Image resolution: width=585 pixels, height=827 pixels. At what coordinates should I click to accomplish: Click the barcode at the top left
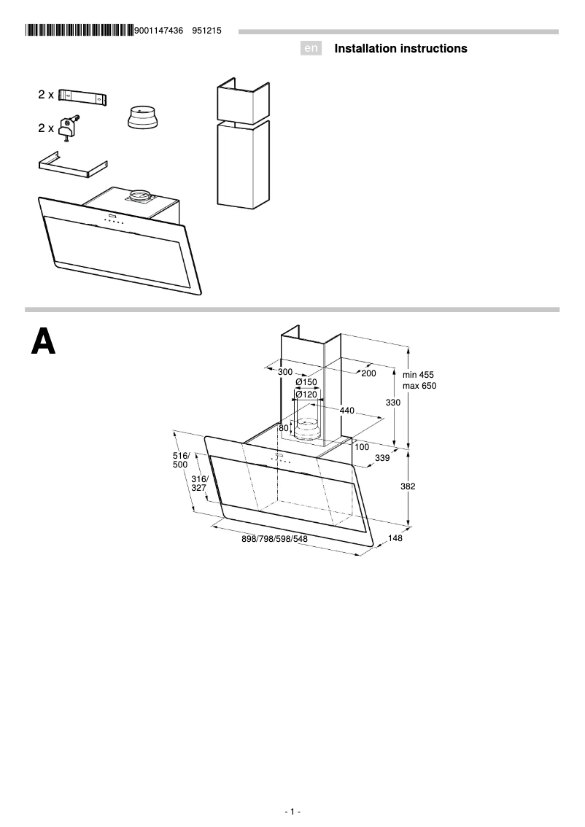[x=79, y=31]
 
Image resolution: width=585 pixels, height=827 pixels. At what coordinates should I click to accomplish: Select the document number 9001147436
[x=159, y=31]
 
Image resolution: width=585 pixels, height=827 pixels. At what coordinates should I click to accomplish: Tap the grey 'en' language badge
[x=311, y=49]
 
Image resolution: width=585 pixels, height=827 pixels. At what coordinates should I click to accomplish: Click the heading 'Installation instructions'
[x=400, y=49]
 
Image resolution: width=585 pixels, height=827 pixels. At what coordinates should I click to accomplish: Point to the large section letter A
[x=43, y=341]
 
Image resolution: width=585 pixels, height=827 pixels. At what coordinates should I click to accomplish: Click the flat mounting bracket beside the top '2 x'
[x=82, y=96]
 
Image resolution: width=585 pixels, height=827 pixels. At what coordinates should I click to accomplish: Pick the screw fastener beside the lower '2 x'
[x=69, y=128]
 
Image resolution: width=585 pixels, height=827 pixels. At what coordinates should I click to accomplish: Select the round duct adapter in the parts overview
[x=142, y=117]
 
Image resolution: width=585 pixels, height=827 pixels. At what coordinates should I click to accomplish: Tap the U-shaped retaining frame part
[x=72, y=165]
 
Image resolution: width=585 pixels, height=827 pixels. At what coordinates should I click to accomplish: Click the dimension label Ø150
[x=306, y=382]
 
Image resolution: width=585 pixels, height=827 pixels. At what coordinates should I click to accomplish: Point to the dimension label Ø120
[x=306, y=395]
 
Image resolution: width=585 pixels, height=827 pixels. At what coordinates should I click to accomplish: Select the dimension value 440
[x=346, y=411]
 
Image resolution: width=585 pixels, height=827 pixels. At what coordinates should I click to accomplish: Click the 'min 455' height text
[x=418, y=375]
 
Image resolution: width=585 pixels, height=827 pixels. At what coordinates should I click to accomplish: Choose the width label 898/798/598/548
[x=274, y=539]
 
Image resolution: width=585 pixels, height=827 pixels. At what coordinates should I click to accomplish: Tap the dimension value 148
[x=395, y=538]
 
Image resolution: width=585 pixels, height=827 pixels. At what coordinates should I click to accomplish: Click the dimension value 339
[x=381, y=458]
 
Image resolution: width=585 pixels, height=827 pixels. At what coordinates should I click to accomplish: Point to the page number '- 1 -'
[x=292, y=812]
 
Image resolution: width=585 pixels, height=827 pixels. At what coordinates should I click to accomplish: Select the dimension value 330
[x=393, y=403]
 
